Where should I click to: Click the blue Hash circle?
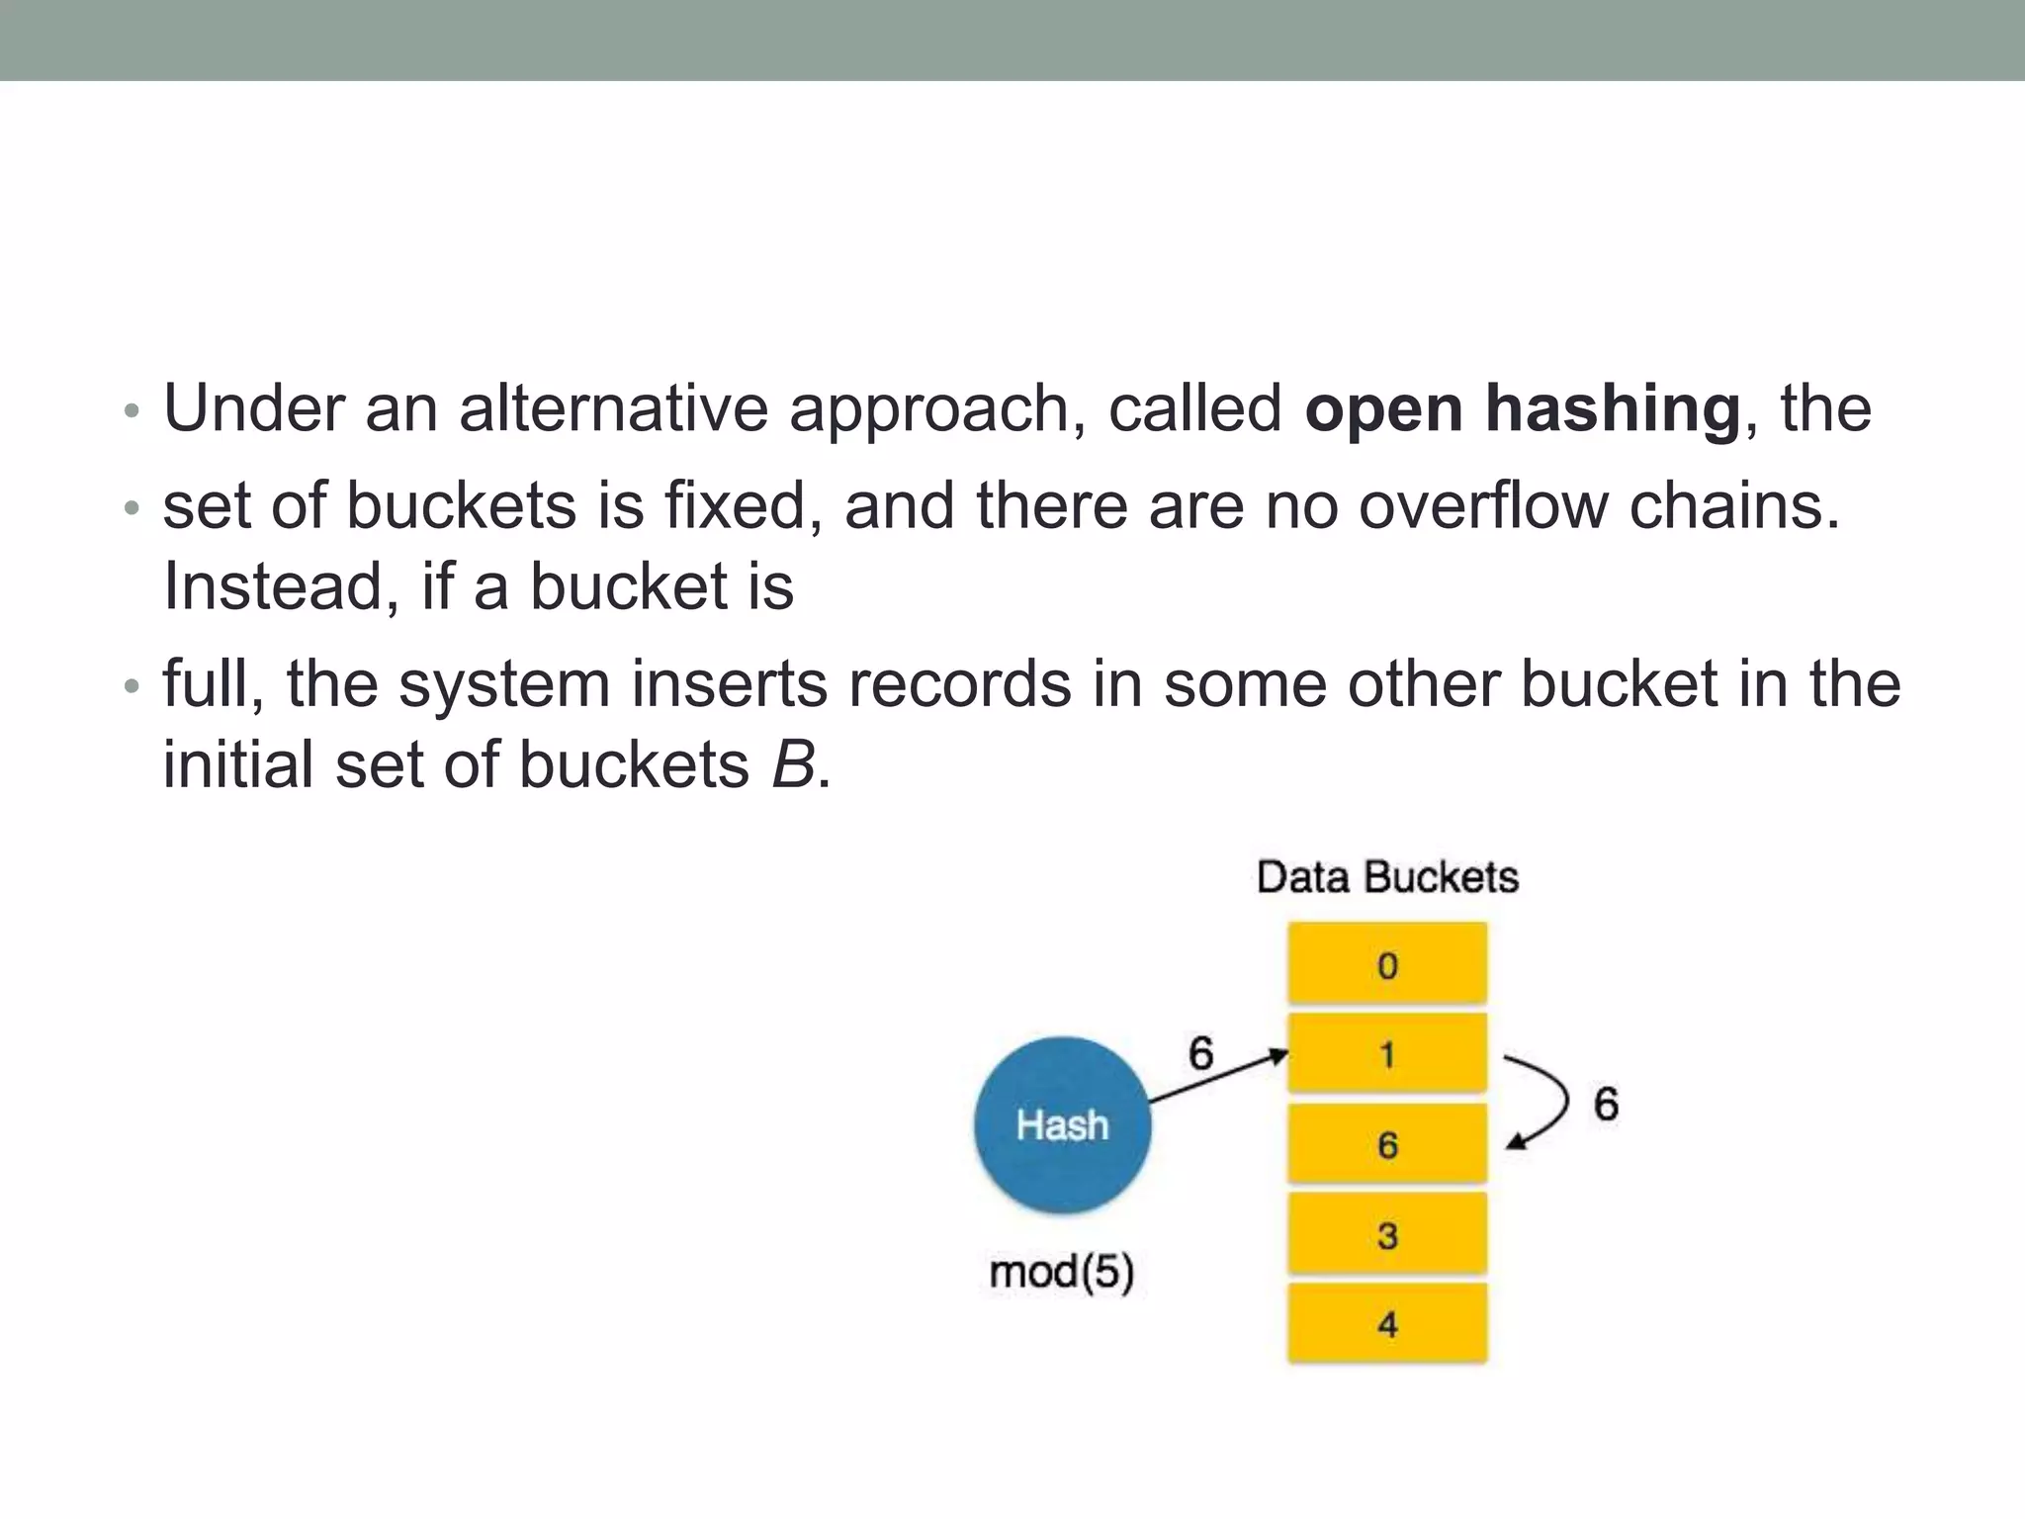pyautogui.click(x=1062, y=1124)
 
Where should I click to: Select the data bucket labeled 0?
pyautogui.click(x=1387, y=964)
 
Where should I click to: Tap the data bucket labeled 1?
pyautogui.click(x=1387, y=1054)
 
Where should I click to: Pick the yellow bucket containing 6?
pyautogui.click(x=1387, y=1144)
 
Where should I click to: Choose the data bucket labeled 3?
pyautogui.click(x=1387, y=1234)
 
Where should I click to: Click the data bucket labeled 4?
pyautogui.click(x=1387, y=1324)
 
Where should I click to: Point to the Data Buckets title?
pyautogui.click(x=1387, y=877)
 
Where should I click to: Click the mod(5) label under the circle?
pyautogui.click(x=1062, y=1272)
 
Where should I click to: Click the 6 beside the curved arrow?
pyautogui.click(x=1606, y=1104)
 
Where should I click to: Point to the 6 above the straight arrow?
pyautogui.click(x=1200, y=1053)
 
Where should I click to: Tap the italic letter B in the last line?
pyautogui.click(x=793, y=764)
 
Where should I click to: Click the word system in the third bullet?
pyautogui.click(x=504, y=684)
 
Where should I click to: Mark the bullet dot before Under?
pyautogui.click(x=132, y=410)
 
